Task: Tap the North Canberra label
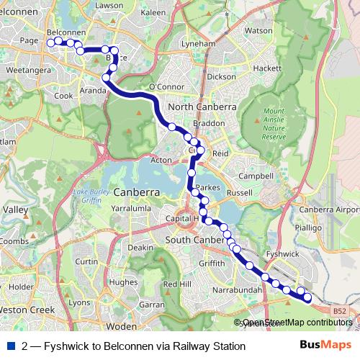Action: click(202, 107)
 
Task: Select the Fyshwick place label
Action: click(282, 254)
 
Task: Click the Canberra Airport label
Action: click(329, 210)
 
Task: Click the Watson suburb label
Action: click(258, 31)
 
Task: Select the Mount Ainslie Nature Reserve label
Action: click(274, 124)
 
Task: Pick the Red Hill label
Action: click(176, 284)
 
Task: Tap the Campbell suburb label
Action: click(256, 176)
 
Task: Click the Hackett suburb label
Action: click(267, 67)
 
